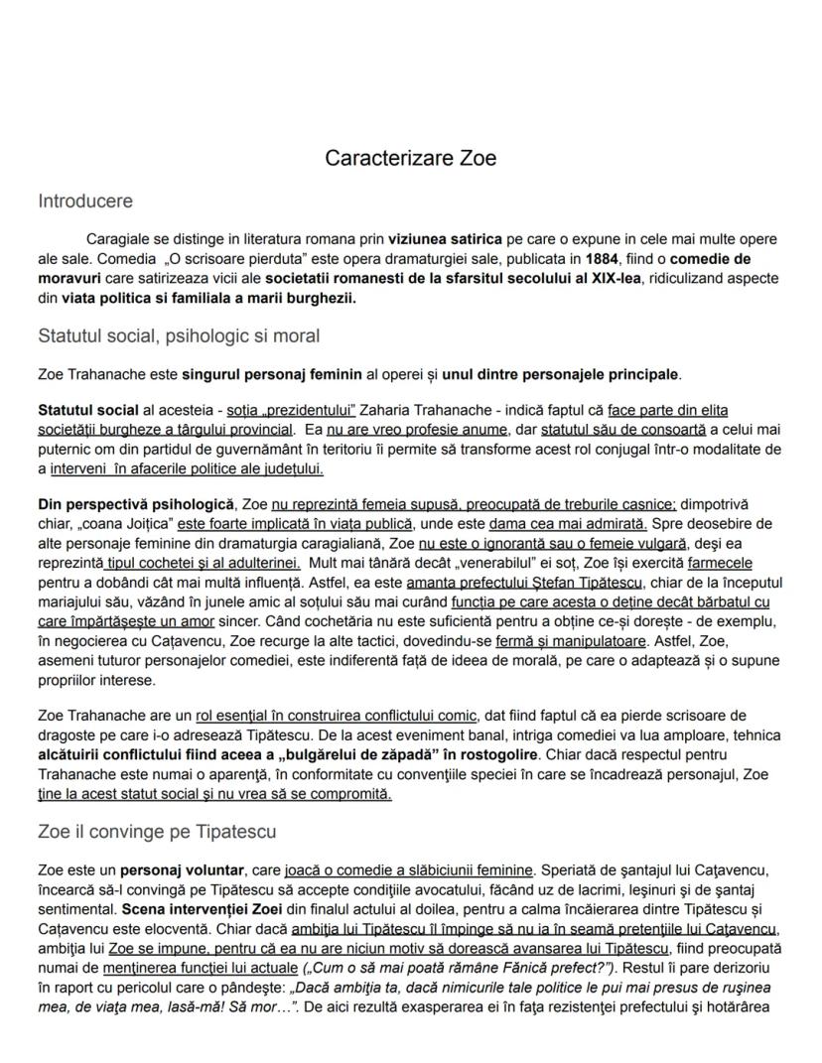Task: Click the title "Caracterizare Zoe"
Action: point(410,158)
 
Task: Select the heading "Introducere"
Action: point(84,201)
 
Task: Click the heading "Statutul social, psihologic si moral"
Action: point(179,335)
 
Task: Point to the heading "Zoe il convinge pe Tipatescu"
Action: point(157,831)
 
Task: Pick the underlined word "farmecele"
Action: point(727,563)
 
